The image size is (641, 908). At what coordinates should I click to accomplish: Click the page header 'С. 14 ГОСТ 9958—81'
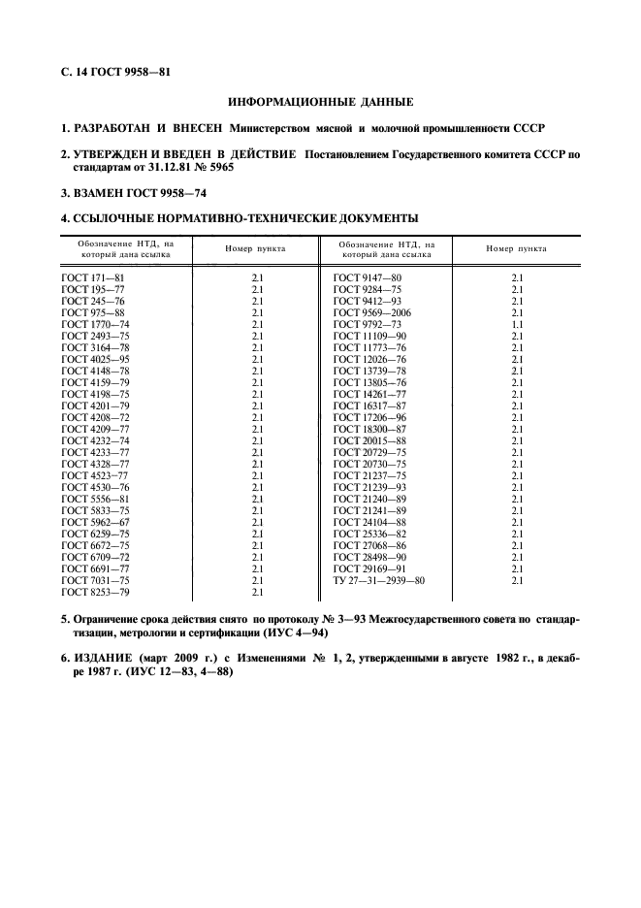[115, 71]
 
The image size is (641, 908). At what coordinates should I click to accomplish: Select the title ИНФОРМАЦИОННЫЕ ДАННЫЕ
[320, 101]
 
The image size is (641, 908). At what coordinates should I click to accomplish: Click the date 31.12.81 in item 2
[168, 167]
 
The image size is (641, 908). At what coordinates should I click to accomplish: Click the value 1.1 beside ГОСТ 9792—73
[516, 325]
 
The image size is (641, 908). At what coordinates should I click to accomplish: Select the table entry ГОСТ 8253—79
[94, 593]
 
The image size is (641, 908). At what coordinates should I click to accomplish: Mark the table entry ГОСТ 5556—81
[94, 500]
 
